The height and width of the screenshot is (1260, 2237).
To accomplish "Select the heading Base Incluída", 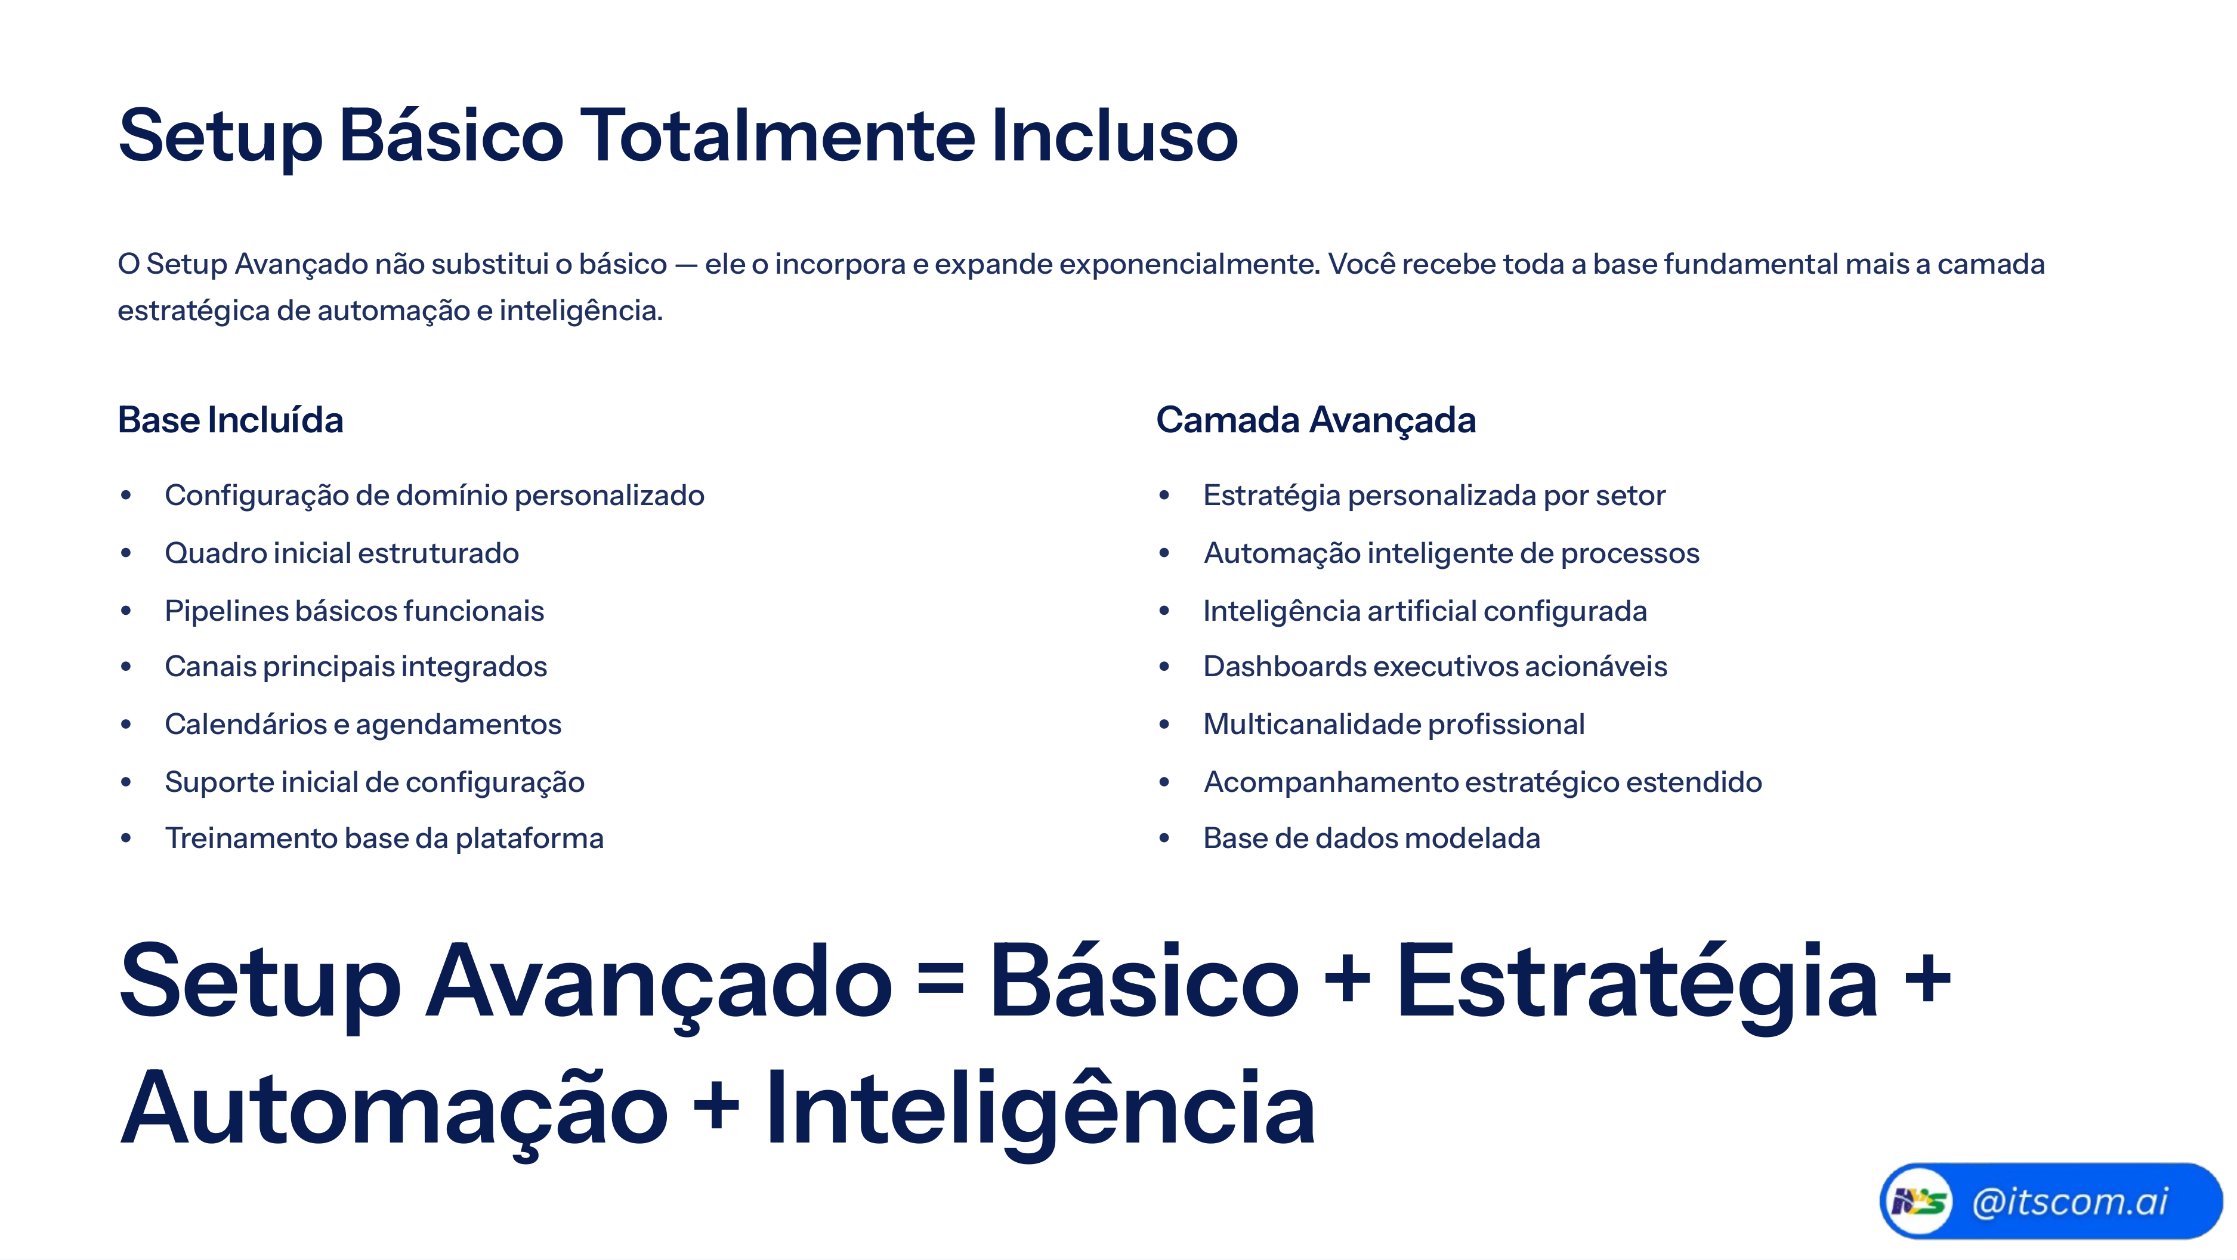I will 230,420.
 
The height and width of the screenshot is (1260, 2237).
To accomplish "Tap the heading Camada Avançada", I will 1315,420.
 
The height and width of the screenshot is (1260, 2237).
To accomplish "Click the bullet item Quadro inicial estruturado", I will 341,553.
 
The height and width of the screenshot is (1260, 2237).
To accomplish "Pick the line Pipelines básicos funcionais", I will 354,611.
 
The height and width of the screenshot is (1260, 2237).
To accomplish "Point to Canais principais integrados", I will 356,667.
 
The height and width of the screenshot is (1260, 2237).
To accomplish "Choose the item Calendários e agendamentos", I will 363,725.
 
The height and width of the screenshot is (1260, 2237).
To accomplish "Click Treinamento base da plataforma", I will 384,839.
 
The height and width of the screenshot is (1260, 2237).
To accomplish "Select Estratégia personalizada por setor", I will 1433,496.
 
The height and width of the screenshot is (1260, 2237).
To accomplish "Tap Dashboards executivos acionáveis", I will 1435,667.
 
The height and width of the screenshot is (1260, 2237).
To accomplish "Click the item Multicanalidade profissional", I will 1393,725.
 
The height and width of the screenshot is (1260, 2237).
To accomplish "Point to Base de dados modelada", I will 1371,839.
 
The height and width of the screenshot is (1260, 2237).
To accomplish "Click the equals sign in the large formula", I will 941,982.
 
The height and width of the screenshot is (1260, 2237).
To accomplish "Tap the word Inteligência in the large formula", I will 1040,1110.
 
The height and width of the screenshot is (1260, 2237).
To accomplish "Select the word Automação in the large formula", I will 393,1110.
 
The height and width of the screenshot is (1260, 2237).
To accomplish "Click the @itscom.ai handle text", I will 2069,1202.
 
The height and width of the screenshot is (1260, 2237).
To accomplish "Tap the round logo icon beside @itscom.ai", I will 1917,1202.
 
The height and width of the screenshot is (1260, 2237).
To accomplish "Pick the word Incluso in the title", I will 1114,137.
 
